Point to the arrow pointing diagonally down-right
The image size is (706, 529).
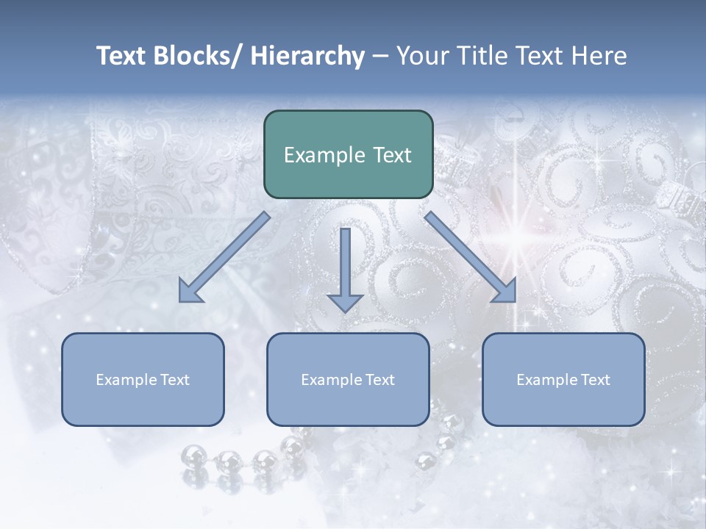471,257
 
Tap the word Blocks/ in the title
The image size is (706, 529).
199,57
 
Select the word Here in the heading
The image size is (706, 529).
599,57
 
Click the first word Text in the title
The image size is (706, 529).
122,57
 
